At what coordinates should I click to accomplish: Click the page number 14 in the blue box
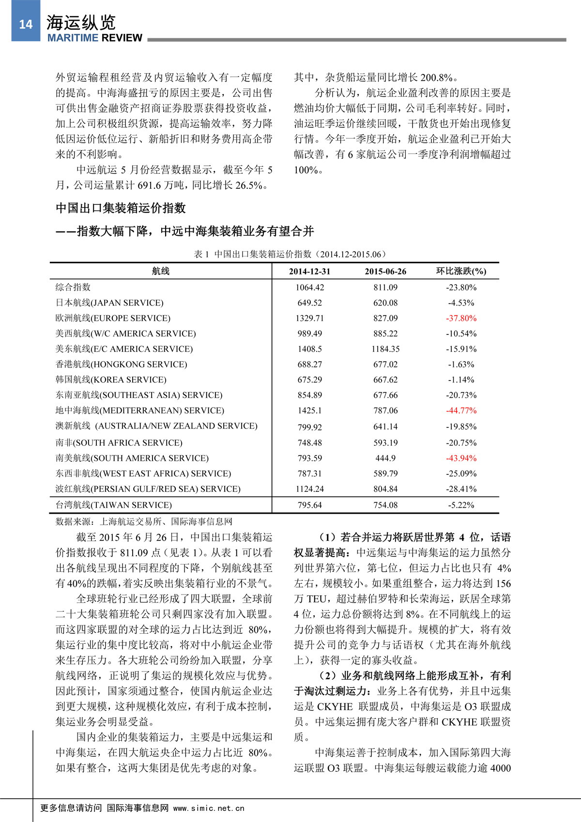pos(26,25)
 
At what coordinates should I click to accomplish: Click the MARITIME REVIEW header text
pos(94,38)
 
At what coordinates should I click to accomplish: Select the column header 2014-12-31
pos(309,272)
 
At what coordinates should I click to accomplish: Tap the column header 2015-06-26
pos(385,272)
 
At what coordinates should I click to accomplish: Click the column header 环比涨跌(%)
pos(461,271)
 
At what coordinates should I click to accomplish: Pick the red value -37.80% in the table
pos(461,318)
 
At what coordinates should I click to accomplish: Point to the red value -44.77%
pos(461,411)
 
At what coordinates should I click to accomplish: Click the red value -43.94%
pos(461,458)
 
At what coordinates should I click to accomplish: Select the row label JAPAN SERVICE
pos(109,303)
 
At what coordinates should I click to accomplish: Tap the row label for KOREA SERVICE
pos(111,380)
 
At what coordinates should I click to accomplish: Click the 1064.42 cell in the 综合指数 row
pos(309,287)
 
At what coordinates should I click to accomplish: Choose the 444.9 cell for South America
pos(385,458)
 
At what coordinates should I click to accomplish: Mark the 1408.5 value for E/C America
pos(309,349)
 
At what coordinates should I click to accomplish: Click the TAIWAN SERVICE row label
pos(114,505)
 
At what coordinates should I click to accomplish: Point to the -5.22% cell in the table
pos(461,505)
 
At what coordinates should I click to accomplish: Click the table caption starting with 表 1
pos(290,254)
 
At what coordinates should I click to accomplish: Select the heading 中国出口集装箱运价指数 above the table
pos(121,208)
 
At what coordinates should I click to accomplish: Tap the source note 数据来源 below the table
pos(144,521)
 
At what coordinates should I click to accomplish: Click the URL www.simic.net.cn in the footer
pos(209,808)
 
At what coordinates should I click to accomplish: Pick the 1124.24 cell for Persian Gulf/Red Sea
pos(309,489)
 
